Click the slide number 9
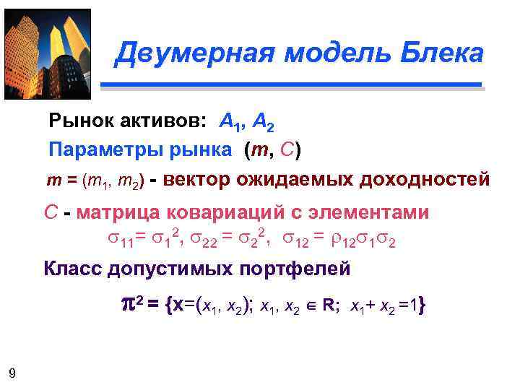[x=12, y=373]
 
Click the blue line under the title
[x=290, y=85]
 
